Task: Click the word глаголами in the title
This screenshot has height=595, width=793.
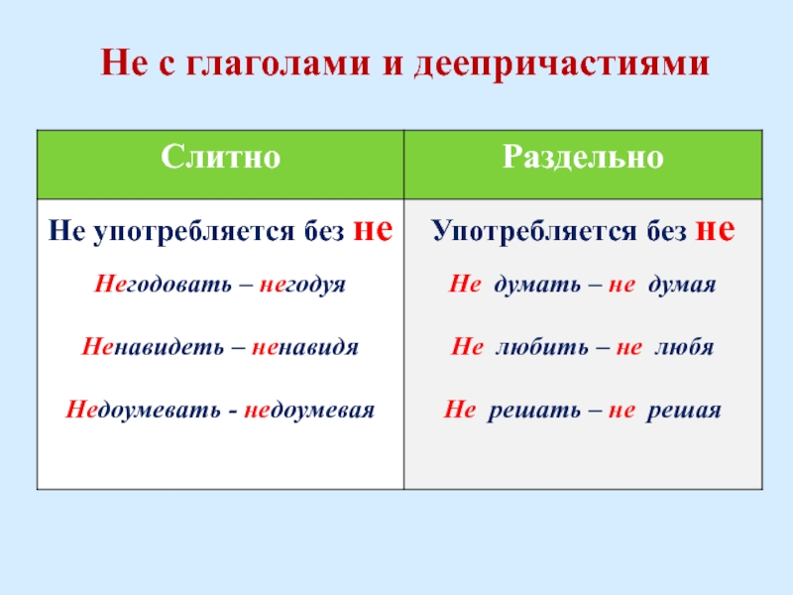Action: [x=279, y=63]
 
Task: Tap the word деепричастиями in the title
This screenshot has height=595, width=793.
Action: [x=562, y=64]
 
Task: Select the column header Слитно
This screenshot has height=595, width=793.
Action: [x=220, y=157]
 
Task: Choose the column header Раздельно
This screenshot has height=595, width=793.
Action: [x=583, y=157]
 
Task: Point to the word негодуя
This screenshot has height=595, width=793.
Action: [x=302, y=285]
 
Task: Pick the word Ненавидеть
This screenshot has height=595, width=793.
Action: [x=153, y=346]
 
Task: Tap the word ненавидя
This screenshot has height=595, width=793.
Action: [x=305, y=347]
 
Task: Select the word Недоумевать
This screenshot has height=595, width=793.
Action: [x=143, y=410]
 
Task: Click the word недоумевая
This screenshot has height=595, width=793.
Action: [x=309, y=410]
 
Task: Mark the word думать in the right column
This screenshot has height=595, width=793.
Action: [x=537, y=284]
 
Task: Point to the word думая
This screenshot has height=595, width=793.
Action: [x=682, y=285]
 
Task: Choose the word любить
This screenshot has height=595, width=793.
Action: [x=541, y=347]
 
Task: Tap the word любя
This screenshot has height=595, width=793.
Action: [x=684, y=347]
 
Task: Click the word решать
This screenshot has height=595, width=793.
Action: [x=534, y=410]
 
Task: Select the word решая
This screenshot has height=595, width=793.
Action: [x=684, y=410]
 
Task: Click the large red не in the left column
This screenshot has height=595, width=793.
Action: [x=373, y=229]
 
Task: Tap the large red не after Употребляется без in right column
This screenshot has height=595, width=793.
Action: [x=715, y=229]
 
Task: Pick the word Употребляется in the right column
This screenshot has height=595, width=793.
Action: [x=534, y=232]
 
